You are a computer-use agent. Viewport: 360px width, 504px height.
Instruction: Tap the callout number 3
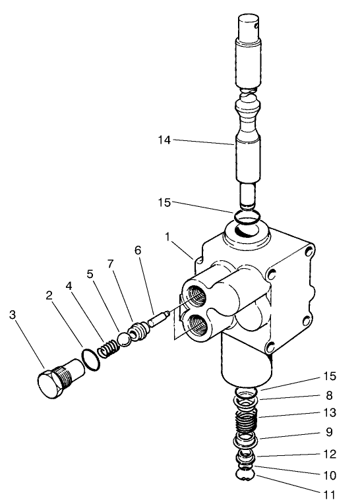(13, 315)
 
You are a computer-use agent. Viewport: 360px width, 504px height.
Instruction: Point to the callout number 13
(329, 413)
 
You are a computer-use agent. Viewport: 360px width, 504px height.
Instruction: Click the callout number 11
(329, 493)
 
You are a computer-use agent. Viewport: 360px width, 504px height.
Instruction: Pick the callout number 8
(329, 396)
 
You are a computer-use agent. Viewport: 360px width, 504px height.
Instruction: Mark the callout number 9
(329, 434)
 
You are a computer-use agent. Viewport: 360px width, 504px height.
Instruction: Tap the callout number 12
(329, 455)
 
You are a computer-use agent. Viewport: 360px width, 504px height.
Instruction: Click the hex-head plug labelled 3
(51, 385)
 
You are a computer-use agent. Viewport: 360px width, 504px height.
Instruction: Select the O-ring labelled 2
(91, 359)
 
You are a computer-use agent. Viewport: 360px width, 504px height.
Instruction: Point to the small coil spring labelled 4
(108, 347)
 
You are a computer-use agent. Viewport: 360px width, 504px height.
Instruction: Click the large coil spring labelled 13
(246, 421)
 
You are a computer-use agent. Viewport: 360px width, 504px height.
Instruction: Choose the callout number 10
(329, 474)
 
